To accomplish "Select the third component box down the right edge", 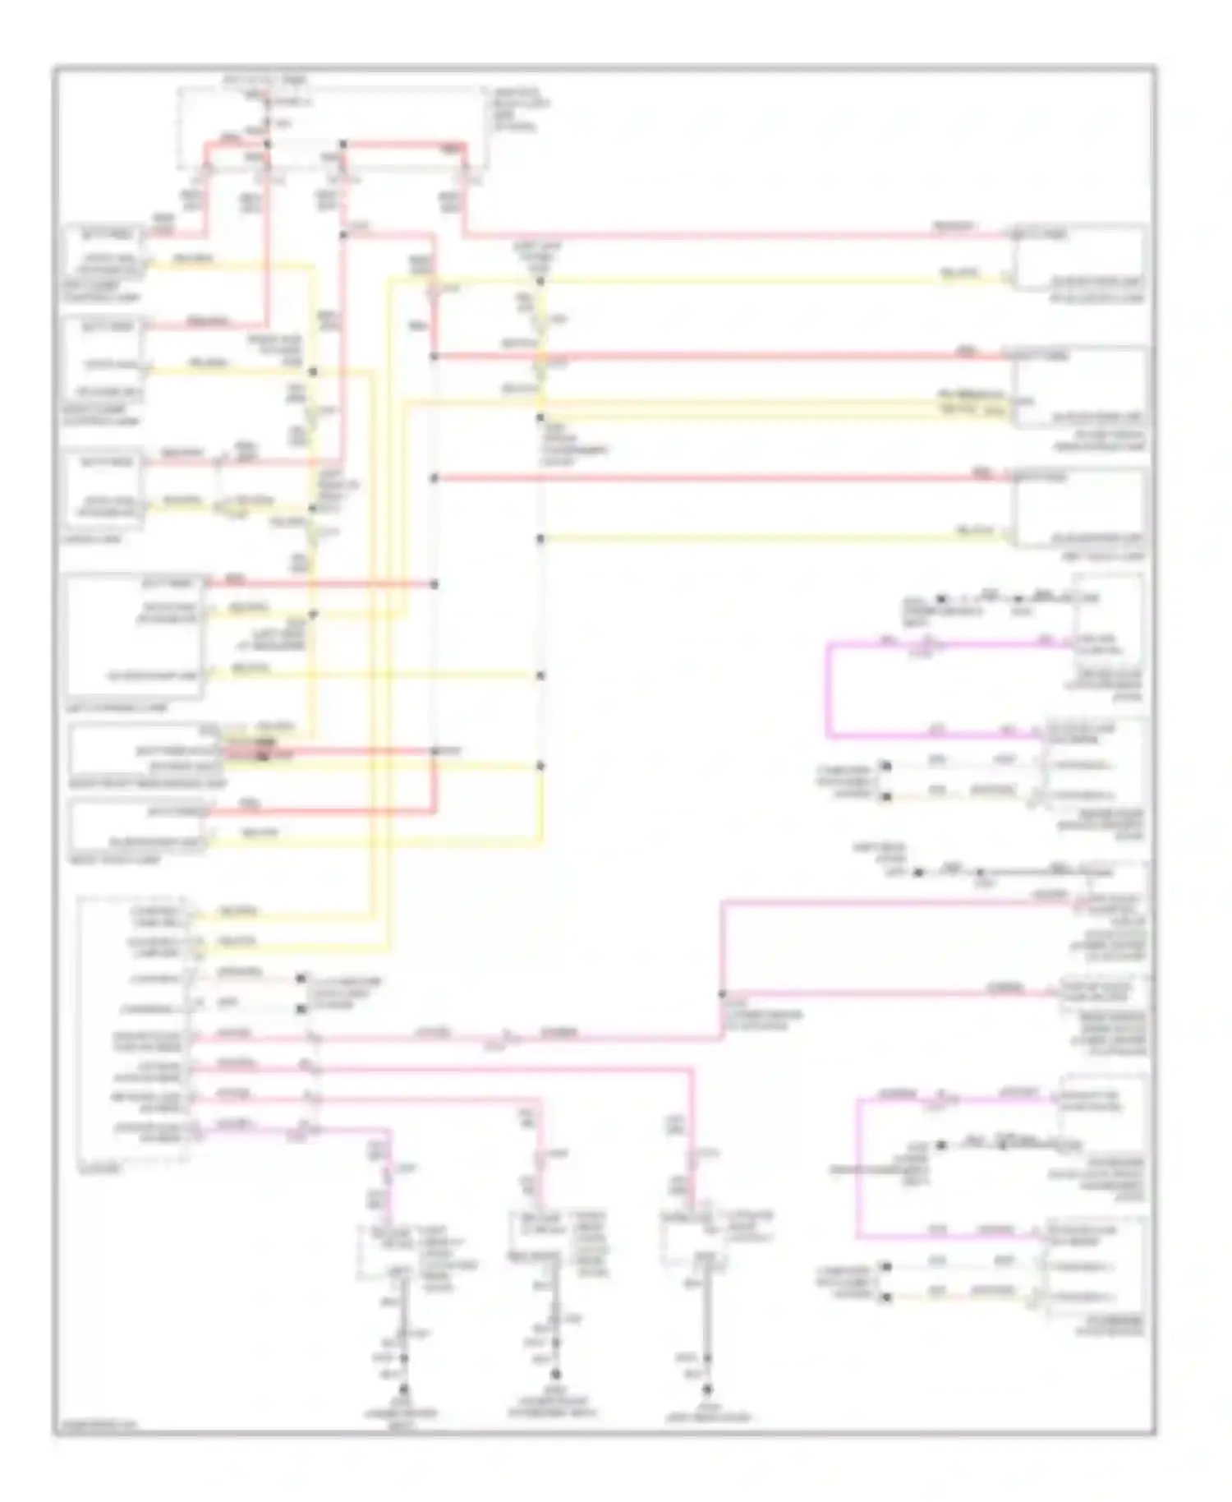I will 1078,508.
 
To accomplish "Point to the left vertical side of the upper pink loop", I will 828,689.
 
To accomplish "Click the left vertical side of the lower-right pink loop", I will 857,1167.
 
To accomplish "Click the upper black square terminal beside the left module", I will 301,979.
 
